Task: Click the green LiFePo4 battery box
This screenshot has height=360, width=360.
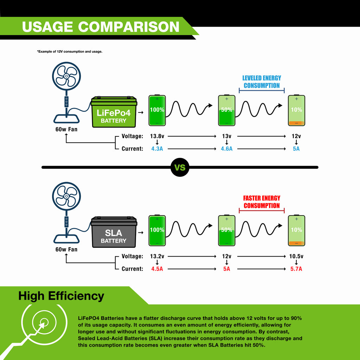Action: [114, 112]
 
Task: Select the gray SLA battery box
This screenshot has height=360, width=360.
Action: [114, 232]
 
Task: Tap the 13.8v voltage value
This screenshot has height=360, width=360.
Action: [157, 136]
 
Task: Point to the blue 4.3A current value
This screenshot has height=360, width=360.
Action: [157, 149]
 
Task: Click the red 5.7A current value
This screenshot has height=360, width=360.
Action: [296, 269]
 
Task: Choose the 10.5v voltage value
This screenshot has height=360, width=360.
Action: [296, 256]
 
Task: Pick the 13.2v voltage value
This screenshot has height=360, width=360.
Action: [157, 256]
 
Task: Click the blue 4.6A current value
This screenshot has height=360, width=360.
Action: [227, 149]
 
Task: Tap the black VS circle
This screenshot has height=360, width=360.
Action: [180, 167]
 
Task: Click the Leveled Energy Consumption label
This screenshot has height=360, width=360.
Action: [262, 82]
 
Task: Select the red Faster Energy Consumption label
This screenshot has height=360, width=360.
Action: [262, 202]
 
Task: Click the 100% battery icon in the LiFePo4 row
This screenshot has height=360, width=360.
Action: [157, 110]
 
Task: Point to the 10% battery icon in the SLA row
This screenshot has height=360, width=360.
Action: [296, 231]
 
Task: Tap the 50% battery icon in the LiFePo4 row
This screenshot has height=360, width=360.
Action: [227, 110]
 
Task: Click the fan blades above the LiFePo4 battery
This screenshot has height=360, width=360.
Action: [66, 76]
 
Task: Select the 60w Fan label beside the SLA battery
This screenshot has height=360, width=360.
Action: [66, 249]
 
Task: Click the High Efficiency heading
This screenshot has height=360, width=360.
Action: [61, 296]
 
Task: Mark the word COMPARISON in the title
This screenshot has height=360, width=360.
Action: [129, 27]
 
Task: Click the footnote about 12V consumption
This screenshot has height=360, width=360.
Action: [70, 52]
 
